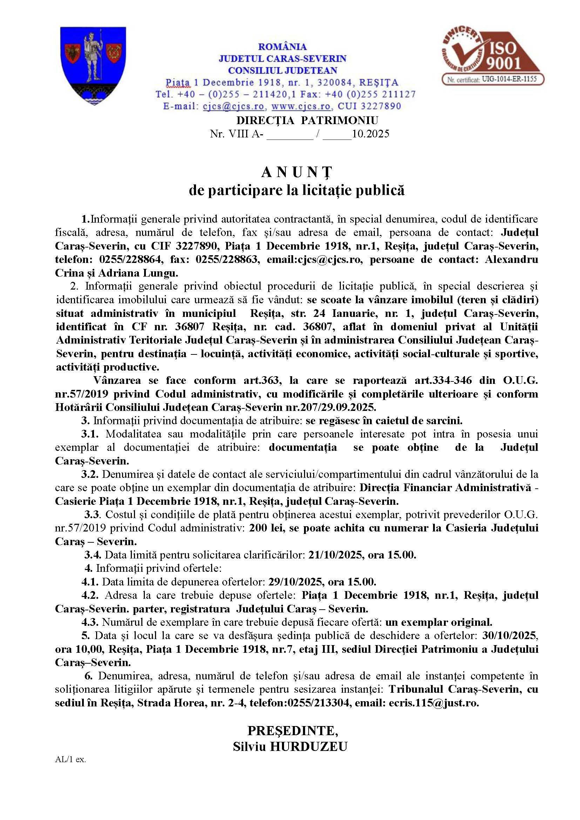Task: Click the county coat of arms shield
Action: point(93,65)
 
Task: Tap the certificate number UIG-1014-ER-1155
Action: point(509,79)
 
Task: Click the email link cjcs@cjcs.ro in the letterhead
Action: point(234,107)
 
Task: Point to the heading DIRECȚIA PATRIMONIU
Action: point(307,120)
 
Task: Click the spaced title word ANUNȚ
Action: point(296,172)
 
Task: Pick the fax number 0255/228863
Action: point(227,259)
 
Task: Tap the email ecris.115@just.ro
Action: point(433,703)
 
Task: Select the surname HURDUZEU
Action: point(309,747)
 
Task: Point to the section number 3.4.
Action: point(93,555)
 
